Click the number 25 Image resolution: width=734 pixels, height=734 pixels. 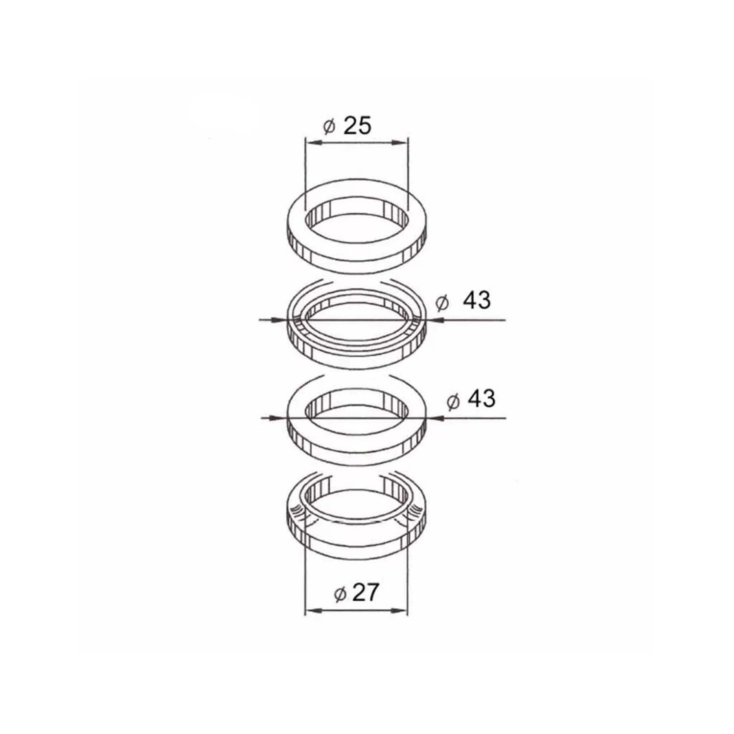coord(357,126)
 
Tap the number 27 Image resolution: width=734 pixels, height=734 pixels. coord(365,593)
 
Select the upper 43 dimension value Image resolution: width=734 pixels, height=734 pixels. coord(476,300)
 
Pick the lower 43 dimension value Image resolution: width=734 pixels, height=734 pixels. coord(482,399)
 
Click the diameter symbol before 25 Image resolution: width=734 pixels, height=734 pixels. coord(329,127)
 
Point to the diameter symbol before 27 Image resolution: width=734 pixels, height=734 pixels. coord(340,594)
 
